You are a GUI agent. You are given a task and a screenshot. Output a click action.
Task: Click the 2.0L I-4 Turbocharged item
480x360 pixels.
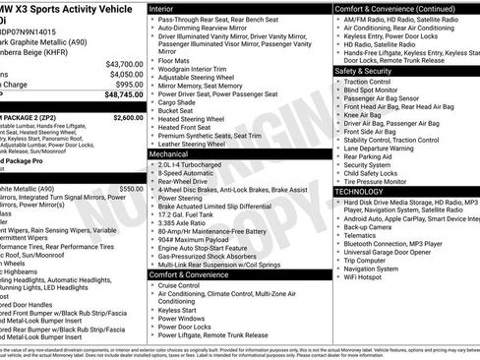click(x=196, y=166)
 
